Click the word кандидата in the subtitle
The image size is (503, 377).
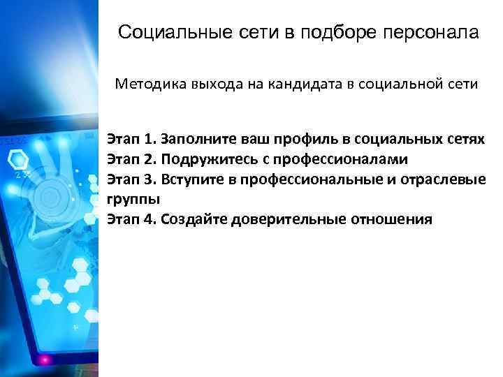click(306, 85)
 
